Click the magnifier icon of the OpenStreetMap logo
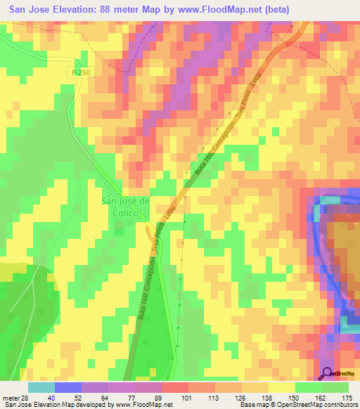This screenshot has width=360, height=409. [328, 374]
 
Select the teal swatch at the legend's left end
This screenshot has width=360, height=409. [41, 387]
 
